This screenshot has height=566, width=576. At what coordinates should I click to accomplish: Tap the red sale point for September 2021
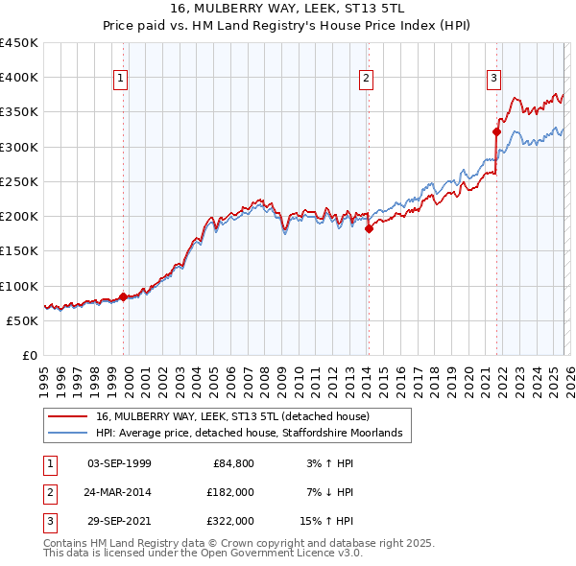point(497,131)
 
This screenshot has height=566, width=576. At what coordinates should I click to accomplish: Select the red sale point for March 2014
point(369,228)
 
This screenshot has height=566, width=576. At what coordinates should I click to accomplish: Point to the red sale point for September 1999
point(123,296)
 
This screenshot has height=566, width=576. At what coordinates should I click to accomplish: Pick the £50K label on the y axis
point(23,320)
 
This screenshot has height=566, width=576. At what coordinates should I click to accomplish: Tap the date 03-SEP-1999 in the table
point(119,463)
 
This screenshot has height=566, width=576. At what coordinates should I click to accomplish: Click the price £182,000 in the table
point(231,492)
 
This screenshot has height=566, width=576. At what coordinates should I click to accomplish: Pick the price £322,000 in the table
point(231,521)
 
